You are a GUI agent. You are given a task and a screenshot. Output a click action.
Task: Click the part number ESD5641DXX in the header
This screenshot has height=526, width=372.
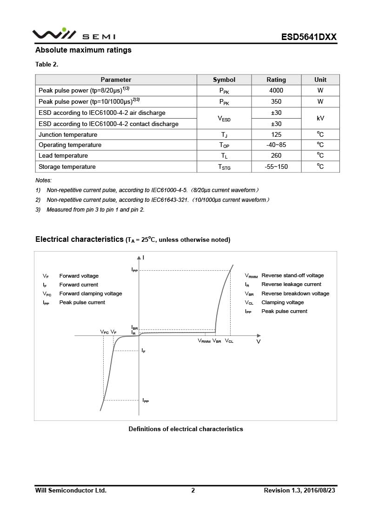click(x=309, y=37)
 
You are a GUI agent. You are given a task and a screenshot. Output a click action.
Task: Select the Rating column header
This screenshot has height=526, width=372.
click(x=276, y=80)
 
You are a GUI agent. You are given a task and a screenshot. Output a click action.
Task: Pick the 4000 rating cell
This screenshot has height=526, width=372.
click(x=276, y=91)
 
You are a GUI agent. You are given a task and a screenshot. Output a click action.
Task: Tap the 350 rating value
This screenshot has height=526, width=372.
click(x=276, y=101)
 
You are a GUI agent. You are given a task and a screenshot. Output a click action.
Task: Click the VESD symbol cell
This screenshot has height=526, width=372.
click(x=224, y=119)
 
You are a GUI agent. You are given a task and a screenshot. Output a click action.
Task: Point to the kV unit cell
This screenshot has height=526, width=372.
click(x=320, y=119)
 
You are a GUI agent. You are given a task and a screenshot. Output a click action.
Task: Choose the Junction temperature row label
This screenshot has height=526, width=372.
click(x=68, y=135)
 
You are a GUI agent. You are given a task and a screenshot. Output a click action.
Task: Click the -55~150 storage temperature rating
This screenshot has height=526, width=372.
click(x=276, y=167)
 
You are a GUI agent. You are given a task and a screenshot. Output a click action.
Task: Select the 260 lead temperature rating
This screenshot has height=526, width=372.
click(x=276, y=156)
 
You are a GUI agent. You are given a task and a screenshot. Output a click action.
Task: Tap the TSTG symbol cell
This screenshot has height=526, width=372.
click(x=224, y=167)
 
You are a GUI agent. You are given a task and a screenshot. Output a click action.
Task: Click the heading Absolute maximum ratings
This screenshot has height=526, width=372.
click(x=83, y=50)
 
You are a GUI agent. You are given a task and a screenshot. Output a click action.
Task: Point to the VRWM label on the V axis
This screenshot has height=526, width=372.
click(x=204, y=341)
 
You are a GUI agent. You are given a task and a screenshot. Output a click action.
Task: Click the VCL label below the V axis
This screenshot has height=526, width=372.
click(x=229, y=341)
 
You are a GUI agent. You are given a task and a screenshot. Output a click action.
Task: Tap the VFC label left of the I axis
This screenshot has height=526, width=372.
click(x=105, y=332)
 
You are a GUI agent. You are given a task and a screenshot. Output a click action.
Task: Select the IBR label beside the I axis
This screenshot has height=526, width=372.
click(x=134, y=328)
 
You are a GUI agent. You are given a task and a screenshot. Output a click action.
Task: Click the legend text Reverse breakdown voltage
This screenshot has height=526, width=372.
click(x=295, y=293)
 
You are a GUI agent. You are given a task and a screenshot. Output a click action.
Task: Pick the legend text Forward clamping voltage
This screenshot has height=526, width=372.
click(x=91, y=293)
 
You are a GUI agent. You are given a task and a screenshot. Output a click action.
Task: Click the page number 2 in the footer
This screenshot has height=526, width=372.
click(x=193, y=490)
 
